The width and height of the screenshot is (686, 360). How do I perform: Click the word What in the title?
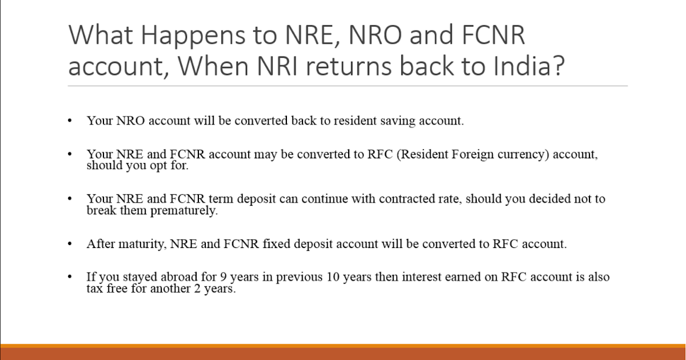point(101,35)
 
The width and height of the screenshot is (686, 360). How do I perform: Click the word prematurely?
point(184,211)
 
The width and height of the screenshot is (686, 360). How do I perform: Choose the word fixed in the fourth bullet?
point(277,244)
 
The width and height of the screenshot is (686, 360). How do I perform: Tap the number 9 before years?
point(224,277)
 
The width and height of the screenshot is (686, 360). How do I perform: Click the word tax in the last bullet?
point(95,289)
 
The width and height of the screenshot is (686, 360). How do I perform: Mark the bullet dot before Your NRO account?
point(70,121)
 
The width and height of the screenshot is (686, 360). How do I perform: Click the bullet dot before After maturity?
point(70,244)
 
